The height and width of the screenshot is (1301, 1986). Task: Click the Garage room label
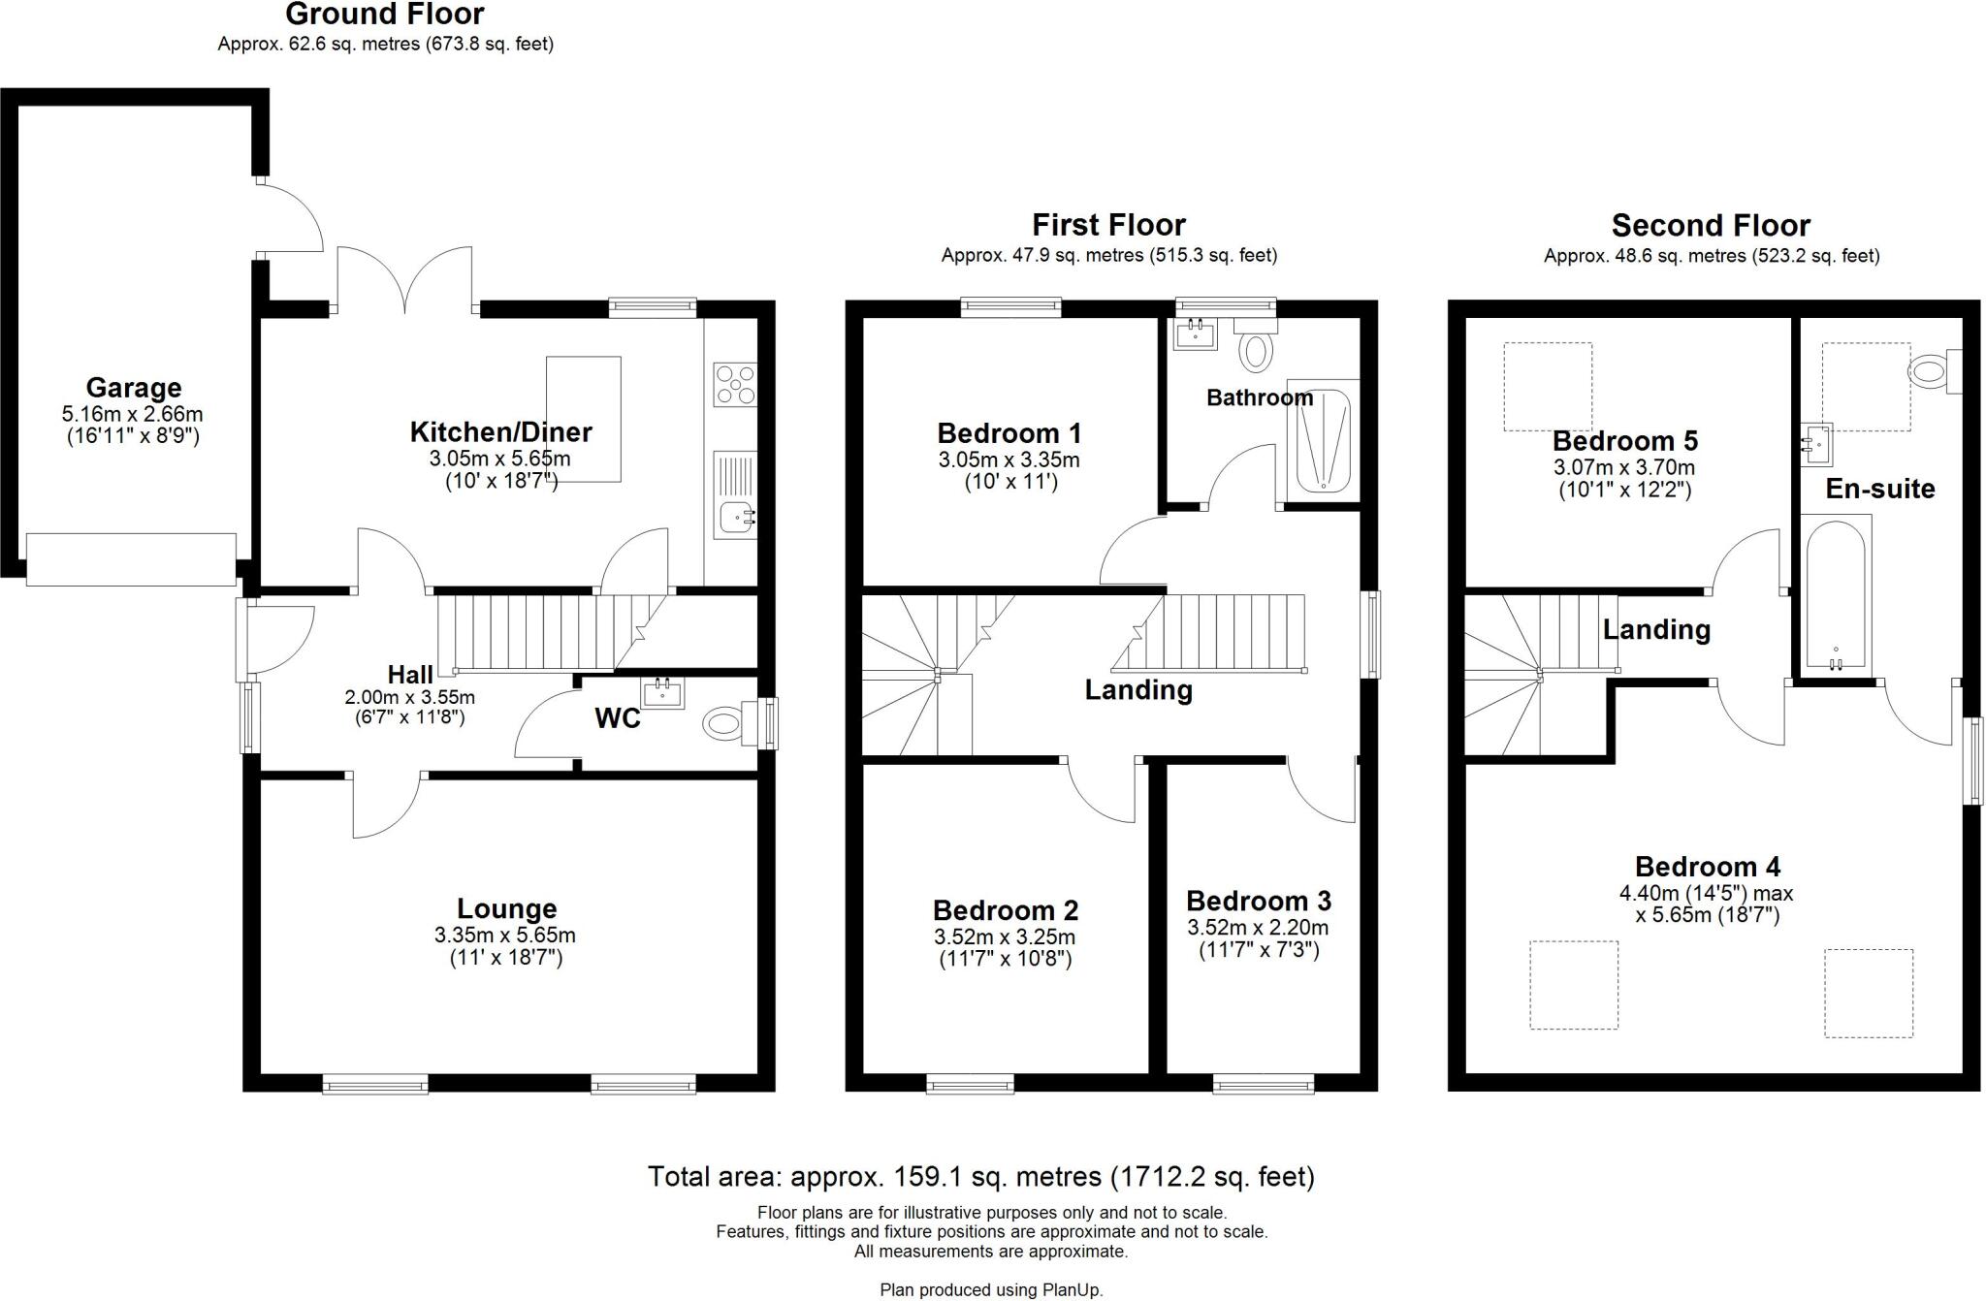(x=134, y=388)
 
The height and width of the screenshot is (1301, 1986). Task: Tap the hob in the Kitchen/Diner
(x=735, y=383)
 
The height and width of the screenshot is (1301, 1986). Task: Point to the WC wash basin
(x=663, y=692)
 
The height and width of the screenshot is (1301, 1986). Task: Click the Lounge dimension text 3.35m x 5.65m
(x=505, y=936)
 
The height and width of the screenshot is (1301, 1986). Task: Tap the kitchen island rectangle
(x=584, y=419)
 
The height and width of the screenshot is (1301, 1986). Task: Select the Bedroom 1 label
(x=1009, y=433)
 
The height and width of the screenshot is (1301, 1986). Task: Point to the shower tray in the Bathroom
(x=1323, y=442)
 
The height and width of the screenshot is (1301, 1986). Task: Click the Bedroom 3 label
(x=1258, y=901)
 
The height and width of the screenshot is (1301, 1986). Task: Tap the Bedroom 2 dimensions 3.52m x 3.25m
(x=1005, y=937)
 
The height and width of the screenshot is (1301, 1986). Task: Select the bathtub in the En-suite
(x=1837, y=593)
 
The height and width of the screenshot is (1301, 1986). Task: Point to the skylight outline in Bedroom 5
(x=1547, y=386)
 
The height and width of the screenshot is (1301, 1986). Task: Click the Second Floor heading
(x=1711, y=226)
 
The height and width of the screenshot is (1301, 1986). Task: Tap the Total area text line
(x=980, y=1177)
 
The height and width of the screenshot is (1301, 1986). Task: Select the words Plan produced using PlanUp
(x=991, y=1290)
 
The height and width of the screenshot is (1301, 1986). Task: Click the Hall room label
(x=410, y=675)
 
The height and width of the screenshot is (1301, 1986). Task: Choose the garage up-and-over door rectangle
(x=131, y=558)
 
